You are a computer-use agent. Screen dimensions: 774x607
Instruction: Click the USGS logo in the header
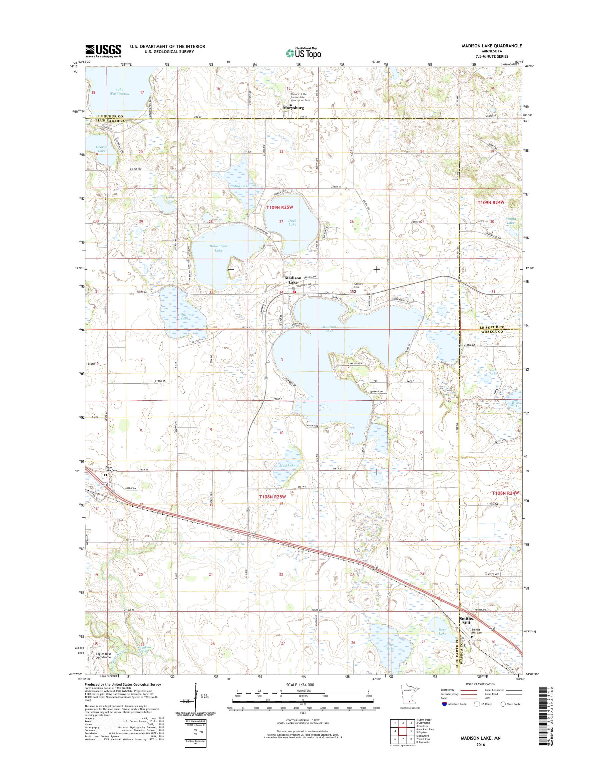point(103,51)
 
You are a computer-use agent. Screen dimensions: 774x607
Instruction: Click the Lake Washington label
point(119,92)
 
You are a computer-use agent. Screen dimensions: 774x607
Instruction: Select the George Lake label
point(101,148)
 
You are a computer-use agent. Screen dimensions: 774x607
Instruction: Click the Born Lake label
point(442,632)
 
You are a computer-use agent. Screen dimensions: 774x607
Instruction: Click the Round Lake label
point(511,221)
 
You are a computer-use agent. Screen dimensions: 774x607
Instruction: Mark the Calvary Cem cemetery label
point(358,285)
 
